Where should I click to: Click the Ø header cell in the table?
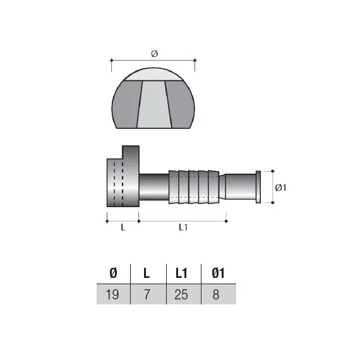(113, 273)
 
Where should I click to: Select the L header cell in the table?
(147, 273)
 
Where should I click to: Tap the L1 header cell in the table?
(182, 273)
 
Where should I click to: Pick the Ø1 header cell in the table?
(217, 273)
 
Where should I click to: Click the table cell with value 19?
(113, 294)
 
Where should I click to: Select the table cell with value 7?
(147, 294)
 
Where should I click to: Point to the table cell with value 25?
(182, 294)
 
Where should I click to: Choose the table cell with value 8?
(217, 294)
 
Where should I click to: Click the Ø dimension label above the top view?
(153, 55)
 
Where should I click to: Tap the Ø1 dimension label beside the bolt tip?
(282, 187)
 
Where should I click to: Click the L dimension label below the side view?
(123, 228)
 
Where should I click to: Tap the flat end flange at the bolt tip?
(257, 186)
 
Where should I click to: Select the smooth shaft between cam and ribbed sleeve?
(153, 187)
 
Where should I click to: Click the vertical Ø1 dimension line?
(272, 186)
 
